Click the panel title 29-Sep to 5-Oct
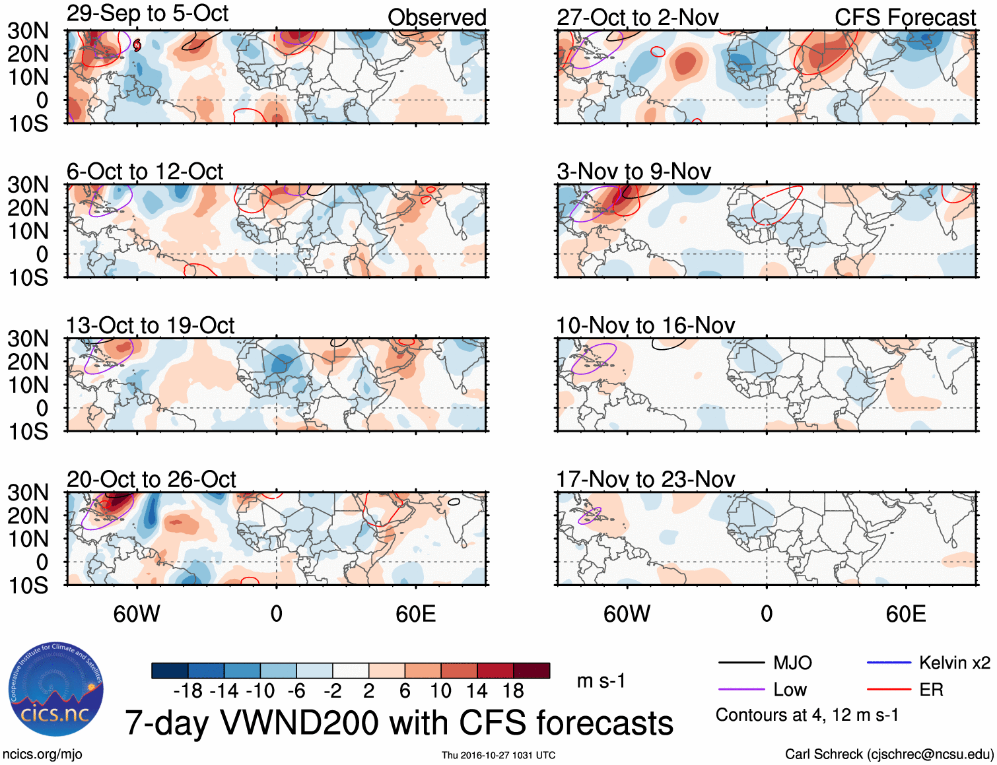[x=147, y=14]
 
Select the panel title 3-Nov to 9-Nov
[x=633, y=172]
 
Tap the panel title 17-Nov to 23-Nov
[x=645, y=479]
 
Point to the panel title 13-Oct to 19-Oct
[x=150, y=325]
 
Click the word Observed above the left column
[x=436, y=17]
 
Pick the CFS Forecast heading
[x=905, y=17]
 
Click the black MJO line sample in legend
[x=741, y=663]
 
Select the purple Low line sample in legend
[x=741, y=690]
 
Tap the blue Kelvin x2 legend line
[x=889, y=663]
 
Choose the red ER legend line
[x=889, y=690]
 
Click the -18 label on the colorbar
[x=188, y=691]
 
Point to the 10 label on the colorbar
[x=440, y=691]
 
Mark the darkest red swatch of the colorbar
[x=532, y=671]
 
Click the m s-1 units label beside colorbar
[x=601, y=681]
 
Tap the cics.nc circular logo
[x=56, y=689]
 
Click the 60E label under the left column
[x=415, y=614]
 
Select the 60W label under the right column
[x=627, y=614]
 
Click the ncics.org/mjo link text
[x=42, y=754]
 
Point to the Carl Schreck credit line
[x=889, y=754]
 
